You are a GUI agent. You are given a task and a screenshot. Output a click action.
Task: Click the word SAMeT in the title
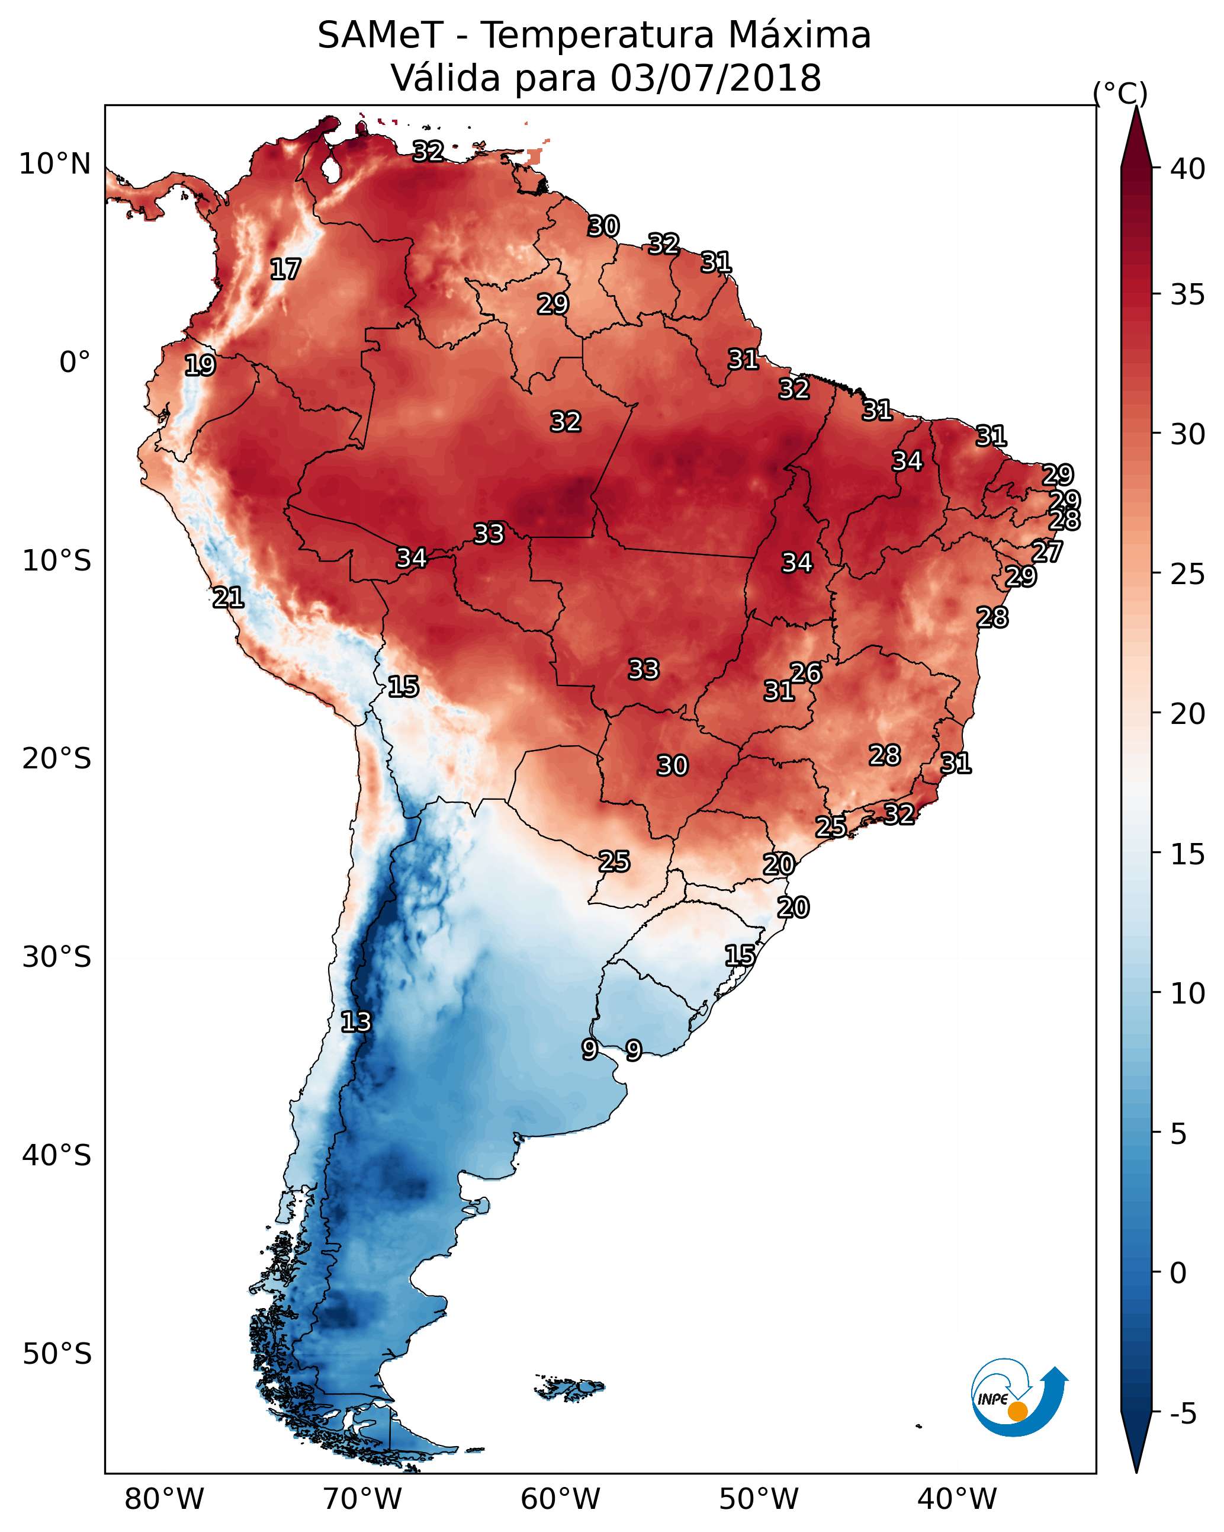380,36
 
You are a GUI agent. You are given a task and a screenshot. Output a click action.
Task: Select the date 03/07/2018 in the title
715,78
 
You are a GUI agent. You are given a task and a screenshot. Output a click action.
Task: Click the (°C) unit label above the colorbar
1120,93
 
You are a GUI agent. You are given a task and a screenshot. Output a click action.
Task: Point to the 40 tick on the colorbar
1188,169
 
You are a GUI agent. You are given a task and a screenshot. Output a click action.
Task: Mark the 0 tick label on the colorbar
1178,1273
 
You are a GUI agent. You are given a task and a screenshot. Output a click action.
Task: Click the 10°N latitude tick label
54,164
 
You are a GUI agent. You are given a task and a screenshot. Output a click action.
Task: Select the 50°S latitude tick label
57,1354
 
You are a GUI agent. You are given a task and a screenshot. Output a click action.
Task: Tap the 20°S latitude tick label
57,759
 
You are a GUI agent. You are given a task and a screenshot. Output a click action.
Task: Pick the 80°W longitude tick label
164,1499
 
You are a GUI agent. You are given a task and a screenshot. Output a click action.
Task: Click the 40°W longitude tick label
957,1499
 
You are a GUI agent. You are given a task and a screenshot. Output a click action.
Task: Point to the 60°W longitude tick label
561,1499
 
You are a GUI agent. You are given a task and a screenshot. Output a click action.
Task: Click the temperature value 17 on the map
285,270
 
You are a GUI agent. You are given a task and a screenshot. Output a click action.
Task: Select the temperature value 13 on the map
356,1022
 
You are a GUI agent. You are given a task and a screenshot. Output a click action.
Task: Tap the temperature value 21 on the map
229,598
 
